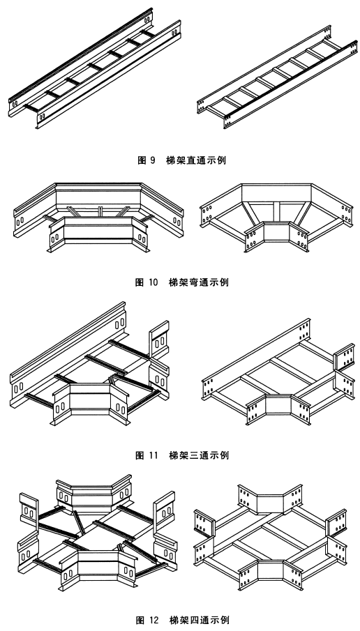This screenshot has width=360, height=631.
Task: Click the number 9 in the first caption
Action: point(153,160)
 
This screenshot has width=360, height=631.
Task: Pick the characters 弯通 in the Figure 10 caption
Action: point(200,282)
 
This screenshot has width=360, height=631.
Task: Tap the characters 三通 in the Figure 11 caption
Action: point(200,455)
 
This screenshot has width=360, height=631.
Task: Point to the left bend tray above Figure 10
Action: point(98,213)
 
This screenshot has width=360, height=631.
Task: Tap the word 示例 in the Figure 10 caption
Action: point(221,282)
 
